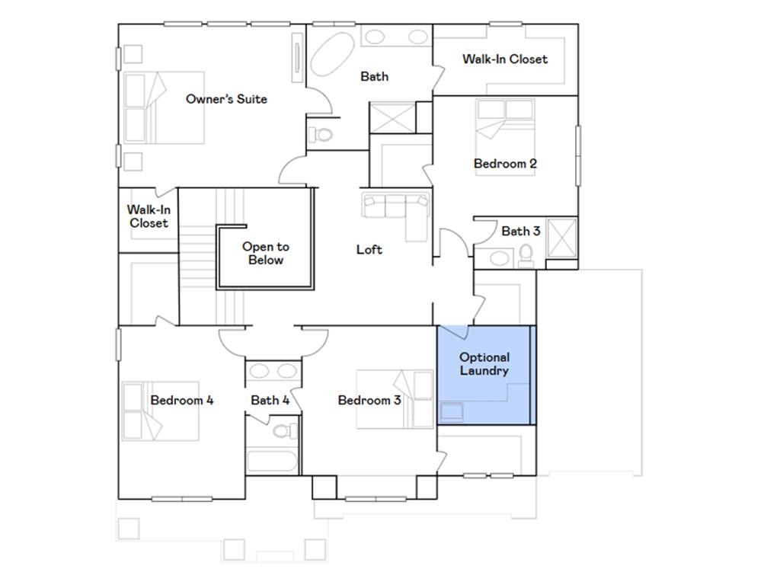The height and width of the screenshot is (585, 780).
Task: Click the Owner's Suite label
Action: [x=226, y=99]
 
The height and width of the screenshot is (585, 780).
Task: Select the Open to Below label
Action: [x=266, y=254]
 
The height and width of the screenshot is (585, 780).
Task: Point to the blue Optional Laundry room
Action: [x=484, y=373]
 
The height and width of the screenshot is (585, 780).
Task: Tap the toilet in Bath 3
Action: [x=526, y=256]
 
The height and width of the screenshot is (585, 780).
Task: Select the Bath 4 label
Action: [x=270, y=400]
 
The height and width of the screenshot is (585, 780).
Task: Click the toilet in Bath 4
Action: [x=283, y=432]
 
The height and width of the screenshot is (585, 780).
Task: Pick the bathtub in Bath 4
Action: [x=272, y=462]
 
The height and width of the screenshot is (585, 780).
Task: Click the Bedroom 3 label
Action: [x=369, y=400]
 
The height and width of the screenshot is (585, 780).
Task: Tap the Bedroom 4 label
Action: [x=182, y=400]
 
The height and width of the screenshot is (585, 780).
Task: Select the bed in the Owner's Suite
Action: [x=164, y=108]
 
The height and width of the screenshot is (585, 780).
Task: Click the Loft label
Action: [x=369, y=250]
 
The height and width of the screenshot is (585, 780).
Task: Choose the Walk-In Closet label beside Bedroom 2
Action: [x=504, y=59]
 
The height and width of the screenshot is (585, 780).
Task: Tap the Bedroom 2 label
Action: [x=505, y=164]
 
